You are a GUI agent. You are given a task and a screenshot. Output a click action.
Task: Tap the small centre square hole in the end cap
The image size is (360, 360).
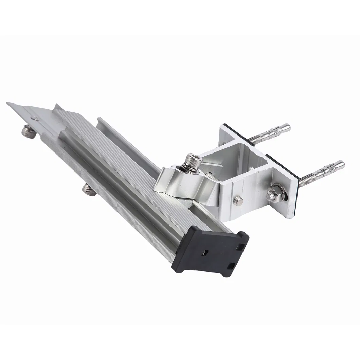[x=205, y=253]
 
